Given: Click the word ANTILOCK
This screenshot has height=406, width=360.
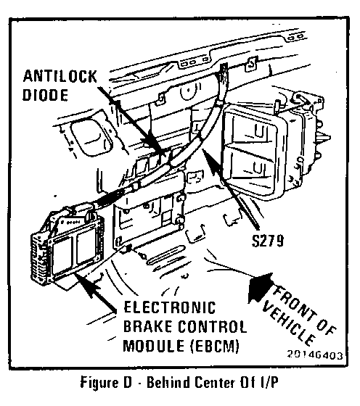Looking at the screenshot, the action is pos(60,77).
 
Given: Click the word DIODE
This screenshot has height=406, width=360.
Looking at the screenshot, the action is pos(45,95).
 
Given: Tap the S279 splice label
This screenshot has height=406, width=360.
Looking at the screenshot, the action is pos(268,241).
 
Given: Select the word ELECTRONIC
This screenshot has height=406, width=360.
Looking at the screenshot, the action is pos(170,307).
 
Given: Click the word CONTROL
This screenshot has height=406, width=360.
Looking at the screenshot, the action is pos(212,326).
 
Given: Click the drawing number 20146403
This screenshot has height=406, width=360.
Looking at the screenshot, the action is pos(315,355).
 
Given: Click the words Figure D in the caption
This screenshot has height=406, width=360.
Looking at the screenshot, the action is pos(106,383).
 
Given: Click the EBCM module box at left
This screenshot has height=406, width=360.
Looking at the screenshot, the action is pos(68,247).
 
